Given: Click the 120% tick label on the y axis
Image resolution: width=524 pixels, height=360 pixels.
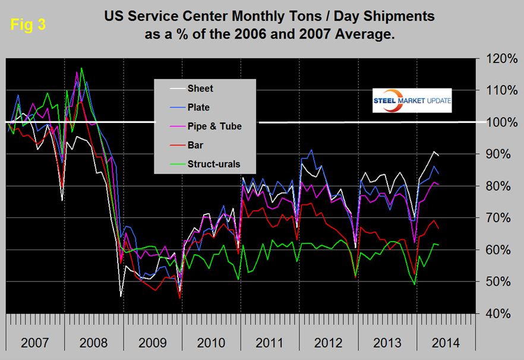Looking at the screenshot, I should click(x=500, y=58).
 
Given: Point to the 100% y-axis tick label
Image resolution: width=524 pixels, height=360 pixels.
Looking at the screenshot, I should click(x=500, y=122).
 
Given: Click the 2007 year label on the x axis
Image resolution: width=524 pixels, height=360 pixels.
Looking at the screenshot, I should click(x=34, y=343).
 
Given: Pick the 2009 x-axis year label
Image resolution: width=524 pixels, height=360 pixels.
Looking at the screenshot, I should click(x=152, y=343).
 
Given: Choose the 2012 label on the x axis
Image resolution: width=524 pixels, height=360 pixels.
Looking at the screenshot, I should click(x=329, y=343).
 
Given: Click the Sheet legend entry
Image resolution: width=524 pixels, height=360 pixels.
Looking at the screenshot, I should click(x=200, y=89).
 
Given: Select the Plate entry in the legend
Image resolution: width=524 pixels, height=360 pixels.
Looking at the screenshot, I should click(x=198, y=107).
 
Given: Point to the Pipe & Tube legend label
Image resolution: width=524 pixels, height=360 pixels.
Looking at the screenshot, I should click(x=214, y=126).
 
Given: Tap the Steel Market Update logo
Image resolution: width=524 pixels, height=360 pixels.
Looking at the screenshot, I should click(x=412, y=101).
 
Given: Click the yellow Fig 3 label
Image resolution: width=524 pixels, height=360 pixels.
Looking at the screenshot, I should click(x=27, y=26).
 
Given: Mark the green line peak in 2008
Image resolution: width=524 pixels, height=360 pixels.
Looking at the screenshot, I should click(x=81, y=68).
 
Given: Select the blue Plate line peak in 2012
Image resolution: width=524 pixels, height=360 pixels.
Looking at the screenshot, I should click(x=311, y=150).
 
